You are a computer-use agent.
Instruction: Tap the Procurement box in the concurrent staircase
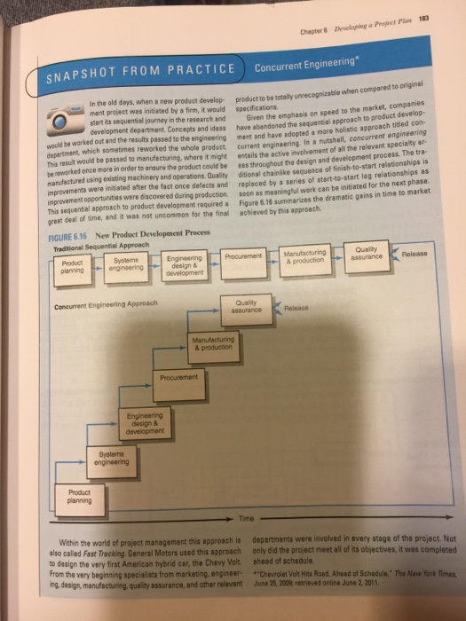(x=179, y=378)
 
